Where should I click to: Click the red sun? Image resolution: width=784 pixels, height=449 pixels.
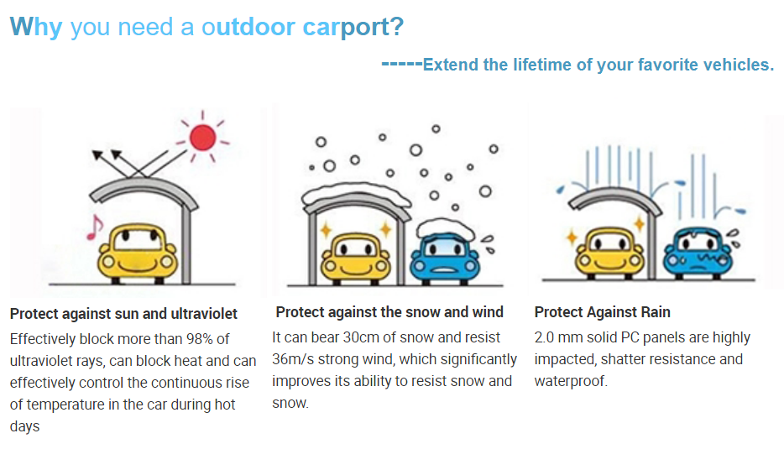(x=202, y=137)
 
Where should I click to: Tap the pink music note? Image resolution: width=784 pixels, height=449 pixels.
(x=94, y=228)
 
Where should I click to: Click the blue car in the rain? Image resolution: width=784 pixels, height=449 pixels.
(x=698, y=253)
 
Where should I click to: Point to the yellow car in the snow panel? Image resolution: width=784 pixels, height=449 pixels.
(x=356, y=258)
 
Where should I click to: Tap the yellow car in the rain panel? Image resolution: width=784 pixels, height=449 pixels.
(x=609, y=253)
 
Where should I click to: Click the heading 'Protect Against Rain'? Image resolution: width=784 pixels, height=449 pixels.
(x=602, y=312)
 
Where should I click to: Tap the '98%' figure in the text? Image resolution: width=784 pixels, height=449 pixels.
(x=200, y=339)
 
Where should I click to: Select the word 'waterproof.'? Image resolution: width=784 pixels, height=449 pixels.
(x=571, y=382)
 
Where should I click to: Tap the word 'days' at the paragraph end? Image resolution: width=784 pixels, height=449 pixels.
(x=24, y=426)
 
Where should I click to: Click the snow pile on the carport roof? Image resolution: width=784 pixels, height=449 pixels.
(x=356, y=194)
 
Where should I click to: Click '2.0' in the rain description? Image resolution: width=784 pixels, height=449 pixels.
(x=544, y=337)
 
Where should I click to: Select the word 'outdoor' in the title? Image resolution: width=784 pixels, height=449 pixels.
(x=248, y=27)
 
